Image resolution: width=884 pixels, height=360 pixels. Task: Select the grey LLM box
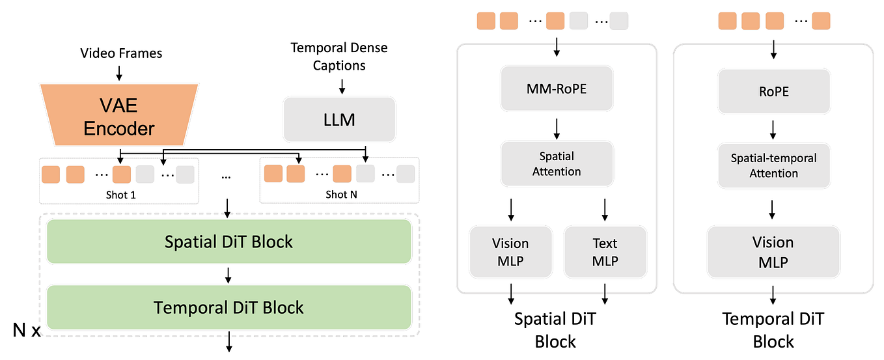click(x=338, y=119)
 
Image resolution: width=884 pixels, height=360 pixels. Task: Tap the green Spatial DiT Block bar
click(x=228, y=242)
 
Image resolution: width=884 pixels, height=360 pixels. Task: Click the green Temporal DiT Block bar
click(x=228, y=307)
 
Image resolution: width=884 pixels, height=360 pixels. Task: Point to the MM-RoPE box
click(x=557, y=89)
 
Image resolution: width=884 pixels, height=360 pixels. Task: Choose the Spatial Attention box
click(x=557, y=163)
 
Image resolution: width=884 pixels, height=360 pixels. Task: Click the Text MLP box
click(x=605, y=252)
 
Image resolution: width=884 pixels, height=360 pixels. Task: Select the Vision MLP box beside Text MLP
click(x=510, y=252)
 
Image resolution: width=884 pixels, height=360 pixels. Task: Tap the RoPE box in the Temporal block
click(x=773, y=92)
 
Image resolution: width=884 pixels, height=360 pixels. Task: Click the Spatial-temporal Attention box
click(x=773, y=165)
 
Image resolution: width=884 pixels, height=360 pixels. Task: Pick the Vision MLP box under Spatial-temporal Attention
click(x=773, y=252)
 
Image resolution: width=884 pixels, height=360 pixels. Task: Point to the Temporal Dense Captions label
click(x=338, y=57)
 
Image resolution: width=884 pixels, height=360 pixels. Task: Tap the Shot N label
click(x=341, y=194)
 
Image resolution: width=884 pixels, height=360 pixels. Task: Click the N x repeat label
click(x=27, y=331)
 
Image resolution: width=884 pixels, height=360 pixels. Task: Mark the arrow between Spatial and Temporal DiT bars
click(x=228, y=274)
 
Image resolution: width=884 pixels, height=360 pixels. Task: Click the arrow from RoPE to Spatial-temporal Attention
click(x=773, y=128)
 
